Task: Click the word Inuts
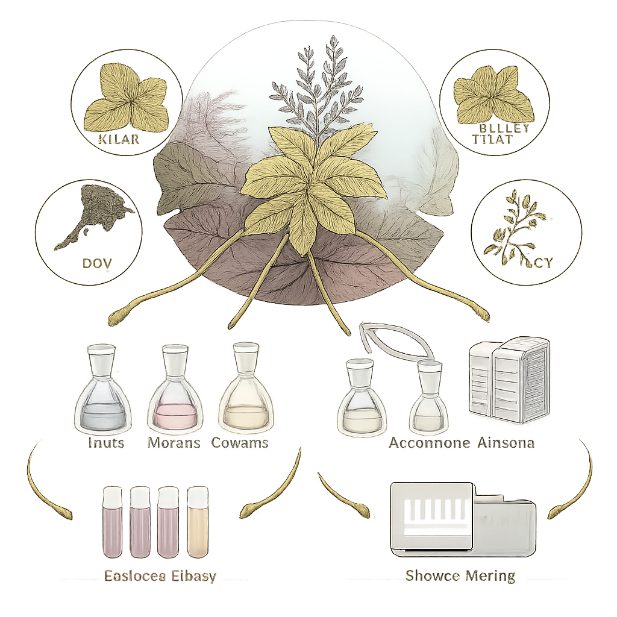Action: pos(105,443)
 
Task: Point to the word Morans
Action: pos(174,443)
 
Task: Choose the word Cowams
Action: pos(240,443)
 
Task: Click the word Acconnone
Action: pos(429,443)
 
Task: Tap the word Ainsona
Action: pos(507,443)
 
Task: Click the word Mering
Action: pos(488,575)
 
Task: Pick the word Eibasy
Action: pos(189,575)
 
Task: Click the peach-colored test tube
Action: pos(198,521)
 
